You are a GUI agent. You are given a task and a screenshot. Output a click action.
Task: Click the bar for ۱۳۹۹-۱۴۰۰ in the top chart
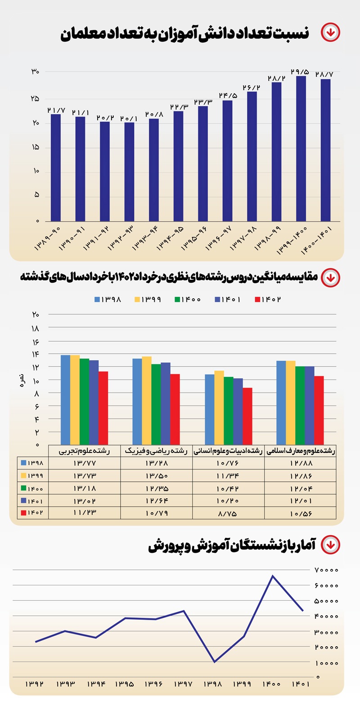[301, 148]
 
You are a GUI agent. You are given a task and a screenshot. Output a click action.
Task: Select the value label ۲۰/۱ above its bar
[129, 118]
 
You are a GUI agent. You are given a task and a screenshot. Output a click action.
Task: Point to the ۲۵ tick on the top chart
[35, 98]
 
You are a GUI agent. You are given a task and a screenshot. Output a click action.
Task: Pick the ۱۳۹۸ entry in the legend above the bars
[108, 300]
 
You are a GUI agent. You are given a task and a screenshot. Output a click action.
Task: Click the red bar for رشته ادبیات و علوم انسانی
[247, 416]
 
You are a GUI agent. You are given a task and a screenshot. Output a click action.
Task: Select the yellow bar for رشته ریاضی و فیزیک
[147, 400]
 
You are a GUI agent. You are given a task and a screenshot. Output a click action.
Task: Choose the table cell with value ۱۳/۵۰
[156, 475]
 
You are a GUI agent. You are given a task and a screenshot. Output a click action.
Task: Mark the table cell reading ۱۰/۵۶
[300, 513]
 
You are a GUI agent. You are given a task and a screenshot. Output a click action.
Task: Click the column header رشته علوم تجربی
[84, 451]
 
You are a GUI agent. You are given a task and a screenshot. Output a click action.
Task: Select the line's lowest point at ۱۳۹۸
[214, 662]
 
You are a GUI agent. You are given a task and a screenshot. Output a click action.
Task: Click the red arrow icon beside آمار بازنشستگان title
[331, 545]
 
